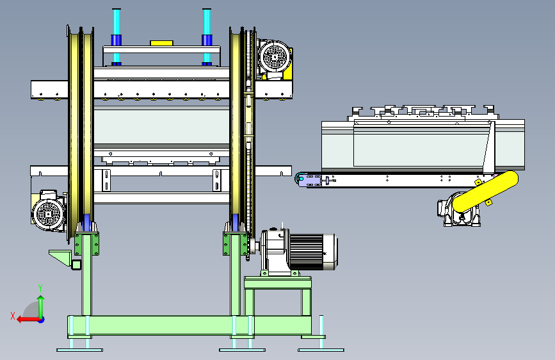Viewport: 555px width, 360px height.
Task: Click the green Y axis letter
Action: pos(40,288)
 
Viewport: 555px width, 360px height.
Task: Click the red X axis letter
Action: pos(13,316)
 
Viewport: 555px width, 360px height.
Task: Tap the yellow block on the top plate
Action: pos(161,43)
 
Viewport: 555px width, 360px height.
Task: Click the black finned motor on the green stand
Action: pos(312,252)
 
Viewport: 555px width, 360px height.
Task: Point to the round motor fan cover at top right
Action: pos(275,57)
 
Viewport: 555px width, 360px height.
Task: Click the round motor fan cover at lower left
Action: pos(49,213)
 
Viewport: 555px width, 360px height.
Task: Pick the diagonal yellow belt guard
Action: pos(485,192)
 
